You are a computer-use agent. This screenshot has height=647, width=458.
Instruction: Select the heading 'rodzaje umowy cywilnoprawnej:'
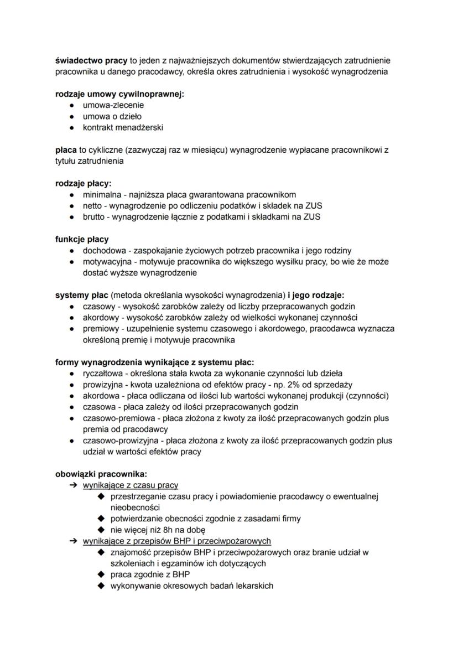pos(119,94)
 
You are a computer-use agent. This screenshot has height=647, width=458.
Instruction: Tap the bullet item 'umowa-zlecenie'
pos(113,105)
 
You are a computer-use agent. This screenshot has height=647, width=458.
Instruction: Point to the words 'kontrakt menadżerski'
pos(123,127)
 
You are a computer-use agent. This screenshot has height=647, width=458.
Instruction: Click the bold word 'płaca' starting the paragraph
pos(66,150)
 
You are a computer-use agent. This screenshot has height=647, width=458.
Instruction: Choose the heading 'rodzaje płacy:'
pos(83,183)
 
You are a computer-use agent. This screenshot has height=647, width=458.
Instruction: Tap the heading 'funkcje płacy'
pos(82,239)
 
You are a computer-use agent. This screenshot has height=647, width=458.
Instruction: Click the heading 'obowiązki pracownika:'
pos(101,474)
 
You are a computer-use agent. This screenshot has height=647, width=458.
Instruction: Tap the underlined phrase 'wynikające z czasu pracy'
pos(131,485)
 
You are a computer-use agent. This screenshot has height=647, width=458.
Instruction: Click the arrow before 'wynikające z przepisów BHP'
pos(72,541)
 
